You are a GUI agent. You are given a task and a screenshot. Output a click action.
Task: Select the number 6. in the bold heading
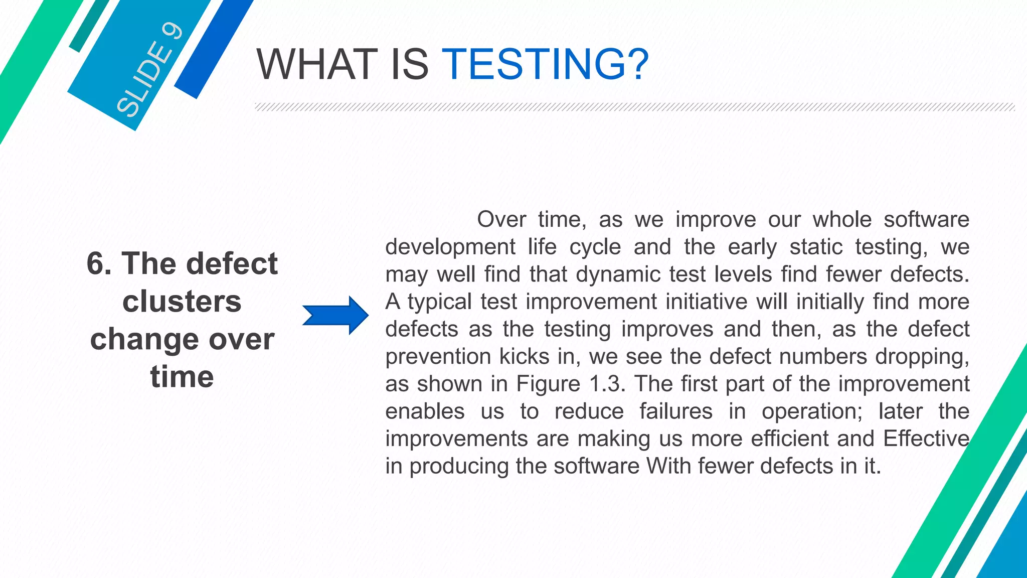pyautogui.click(x=99, y=263)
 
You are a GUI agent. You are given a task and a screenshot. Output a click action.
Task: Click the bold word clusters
pyautogui.click(x=182, y=302)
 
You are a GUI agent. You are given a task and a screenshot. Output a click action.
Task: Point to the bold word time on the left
pyautogui.click(x=182, y=377)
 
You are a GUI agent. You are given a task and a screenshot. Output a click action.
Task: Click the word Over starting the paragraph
pyautogui.click(x=501, y=219)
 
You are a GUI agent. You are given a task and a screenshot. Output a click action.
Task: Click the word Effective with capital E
pyautogui.click(x=926, y=439)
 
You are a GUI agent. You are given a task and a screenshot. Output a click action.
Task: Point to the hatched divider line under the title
pyautogui.click(x=634, y=107)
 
